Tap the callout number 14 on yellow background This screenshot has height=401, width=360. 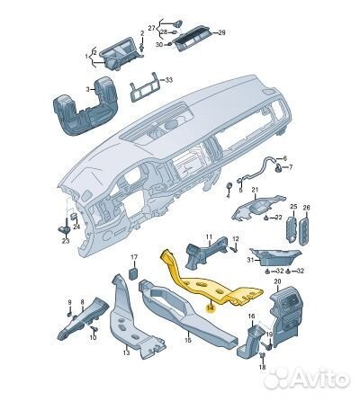click(211, 307)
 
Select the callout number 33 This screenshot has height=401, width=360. click(169, 80)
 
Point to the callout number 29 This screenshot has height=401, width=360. click(221, 32)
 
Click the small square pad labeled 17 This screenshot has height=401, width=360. click(134, 273)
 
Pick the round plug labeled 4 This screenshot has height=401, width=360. click(229, 185)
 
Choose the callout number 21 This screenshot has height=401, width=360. click(255, 190)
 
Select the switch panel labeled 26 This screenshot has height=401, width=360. click(303, 231)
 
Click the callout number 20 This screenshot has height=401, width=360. click(277, 281)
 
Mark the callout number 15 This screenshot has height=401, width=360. click(188, 340)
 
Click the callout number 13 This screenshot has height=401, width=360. click(126, 352)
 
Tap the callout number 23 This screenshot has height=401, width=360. click(66, 241)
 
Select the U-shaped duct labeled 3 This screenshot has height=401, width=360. click(85, 106)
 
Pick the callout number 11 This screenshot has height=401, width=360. click(209, 237)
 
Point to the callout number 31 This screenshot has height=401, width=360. click(250, 260)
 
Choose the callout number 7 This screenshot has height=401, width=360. click(291, 167)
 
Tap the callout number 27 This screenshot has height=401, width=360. click(152, 28)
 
